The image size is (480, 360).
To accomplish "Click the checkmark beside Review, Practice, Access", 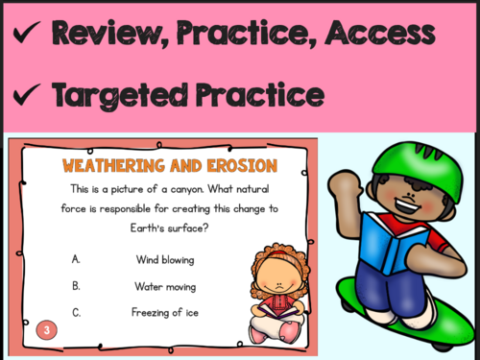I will tap(26, 36).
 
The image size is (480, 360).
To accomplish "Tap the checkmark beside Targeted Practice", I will tap(26, 96).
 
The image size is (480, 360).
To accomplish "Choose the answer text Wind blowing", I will tap(164, 259).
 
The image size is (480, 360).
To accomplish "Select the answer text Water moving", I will tap(165, 285).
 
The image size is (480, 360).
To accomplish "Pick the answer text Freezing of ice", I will tap(163, 312).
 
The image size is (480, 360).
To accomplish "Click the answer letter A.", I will tap(76, 259).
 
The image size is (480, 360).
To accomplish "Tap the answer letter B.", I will tap(76, 285).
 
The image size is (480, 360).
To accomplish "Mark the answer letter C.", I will tap(76, 312).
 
